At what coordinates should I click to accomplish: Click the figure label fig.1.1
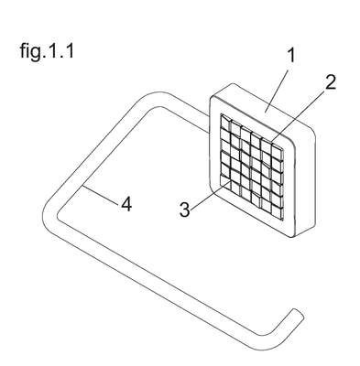tap(47, 51)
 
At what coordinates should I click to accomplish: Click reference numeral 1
tap(292, 55)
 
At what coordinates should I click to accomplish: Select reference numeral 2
tap(330, 81)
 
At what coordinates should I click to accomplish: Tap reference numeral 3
tap(184, 210)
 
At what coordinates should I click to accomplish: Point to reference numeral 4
tap(126, 204)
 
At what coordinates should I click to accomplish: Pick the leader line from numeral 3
tap(210, 195)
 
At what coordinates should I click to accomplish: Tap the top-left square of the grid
tap(225, 123)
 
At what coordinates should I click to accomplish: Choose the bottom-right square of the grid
tap(277, 212)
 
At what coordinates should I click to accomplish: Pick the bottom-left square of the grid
tap(224, 186)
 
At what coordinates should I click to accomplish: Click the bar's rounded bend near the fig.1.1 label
tap(155, 98)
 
